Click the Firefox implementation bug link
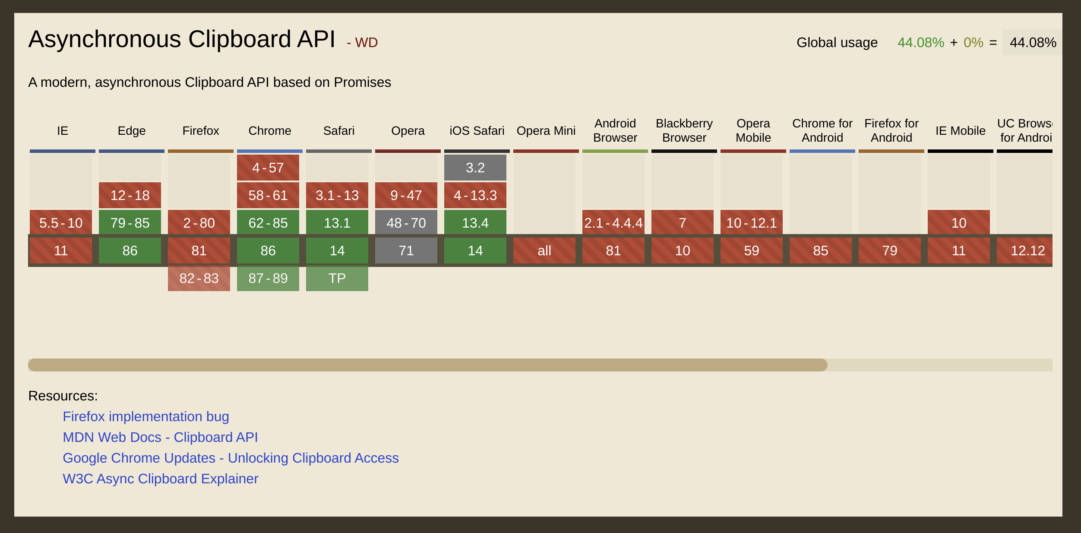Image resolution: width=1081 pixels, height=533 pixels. (145, 416)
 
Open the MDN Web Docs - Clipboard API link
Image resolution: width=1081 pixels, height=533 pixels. (160, 437)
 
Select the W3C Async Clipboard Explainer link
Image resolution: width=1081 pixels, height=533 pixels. (160, 479)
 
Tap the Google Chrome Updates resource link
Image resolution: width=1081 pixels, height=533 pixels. (231, 458)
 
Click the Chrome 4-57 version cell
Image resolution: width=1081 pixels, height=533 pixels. (268, 168)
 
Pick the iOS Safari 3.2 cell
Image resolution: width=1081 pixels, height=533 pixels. (475, 168)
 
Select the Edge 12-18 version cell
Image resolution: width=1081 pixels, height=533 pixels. (130, 195)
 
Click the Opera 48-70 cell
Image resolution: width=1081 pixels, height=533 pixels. (406, 223)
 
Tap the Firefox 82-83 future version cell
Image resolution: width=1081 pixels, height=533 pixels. (199, 278)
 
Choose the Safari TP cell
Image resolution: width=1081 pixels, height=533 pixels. (337, 278)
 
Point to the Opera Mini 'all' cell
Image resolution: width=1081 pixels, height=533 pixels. (544, 251)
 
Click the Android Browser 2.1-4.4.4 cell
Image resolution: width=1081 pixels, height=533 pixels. (613, 223)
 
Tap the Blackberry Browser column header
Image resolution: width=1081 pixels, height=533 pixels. (684, 130)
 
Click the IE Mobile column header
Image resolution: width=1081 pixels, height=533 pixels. (960, 130)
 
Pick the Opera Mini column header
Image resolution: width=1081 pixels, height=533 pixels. (546, 130)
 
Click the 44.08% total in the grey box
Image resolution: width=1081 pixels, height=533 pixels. (1032, 42)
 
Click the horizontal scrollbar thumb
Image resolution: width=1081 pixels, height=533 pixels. (427, 365)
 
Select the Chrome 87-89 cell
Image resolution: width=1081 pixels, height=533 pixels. (268, 278)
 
